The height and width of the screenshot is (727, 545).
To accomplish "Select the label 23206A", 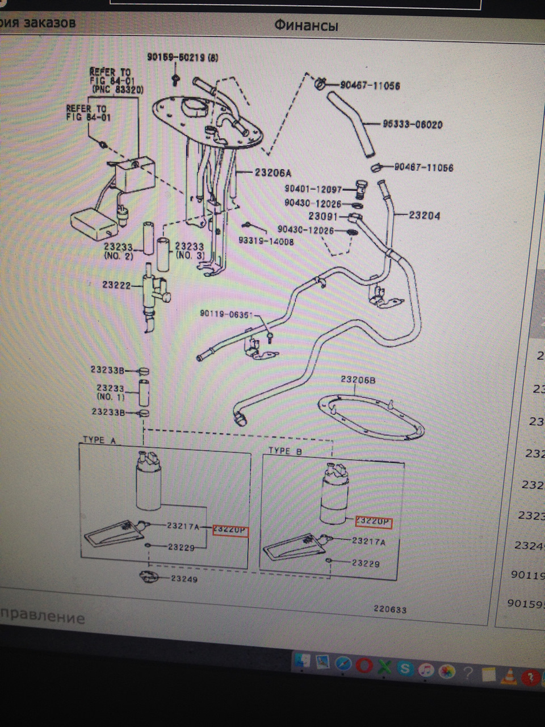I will coord(269,173).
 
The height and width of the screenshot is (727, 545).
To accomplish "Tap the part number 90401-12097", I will coord(313,189).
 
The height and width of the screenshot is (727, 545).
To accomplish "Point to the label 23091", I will coord(322,216).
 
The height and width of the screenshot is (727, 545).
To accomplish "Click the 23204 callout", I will coord(424,215).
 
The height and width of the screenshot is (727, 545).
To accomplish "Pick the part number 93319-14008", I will coord(266,241).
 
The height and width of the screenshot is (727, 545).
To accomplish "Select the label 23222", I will coord(116,285).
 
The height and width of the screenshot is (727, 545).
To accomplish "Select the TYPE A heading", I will coord(99,440).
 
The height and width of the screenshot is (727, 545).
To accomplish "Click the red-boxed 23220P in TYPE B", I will coord(373,521).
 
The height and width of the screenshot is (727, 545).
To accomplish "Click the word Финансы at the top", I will coord(306,26).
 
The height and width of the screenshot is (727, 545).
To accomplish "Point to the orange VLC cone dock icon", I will coord(511,675).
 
